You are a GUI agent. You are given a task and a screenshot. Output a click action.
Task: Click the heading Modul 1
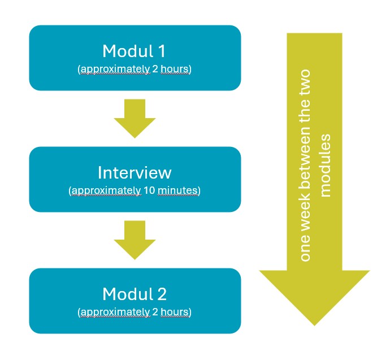coord(135,51)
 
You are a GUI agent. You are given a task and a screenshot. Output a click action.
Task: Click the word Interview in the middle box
coord(135,172)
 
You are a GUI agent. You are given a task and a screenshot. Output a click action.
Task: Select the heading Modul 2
coord(135,294)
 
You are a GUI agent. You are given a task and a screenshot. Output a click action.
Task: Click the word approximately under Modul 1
coord(107,70)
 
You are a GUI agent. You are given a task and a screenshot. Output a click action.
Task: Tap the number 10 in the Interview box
coord(150,191)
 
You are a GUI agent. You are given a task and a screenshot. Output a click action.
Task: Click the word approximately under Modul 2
coord(107,312)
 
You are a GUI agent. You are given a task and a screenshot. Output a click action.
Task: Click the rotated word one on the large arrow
coord(305,250)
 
